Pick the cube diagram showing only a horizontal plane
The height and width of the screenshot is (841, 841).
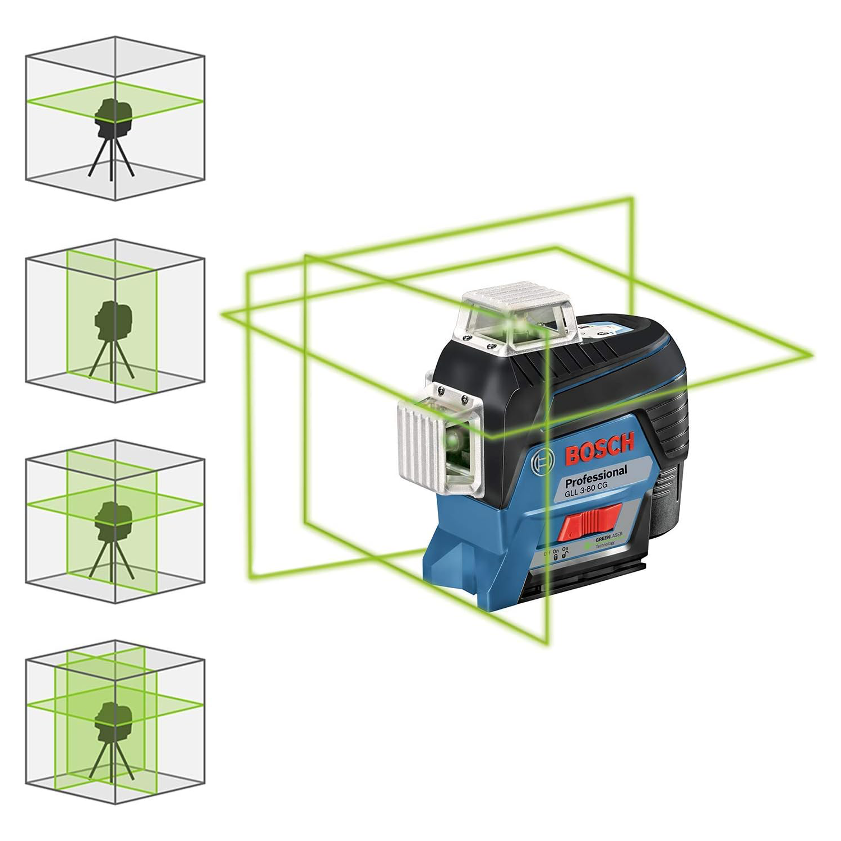(x=115, y=118)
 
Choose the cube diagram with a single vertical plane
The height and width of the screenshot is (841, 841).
(x=115, y=321)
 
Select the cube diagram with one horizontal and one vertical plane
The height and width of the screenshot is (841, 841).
(x=115, y=521)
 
